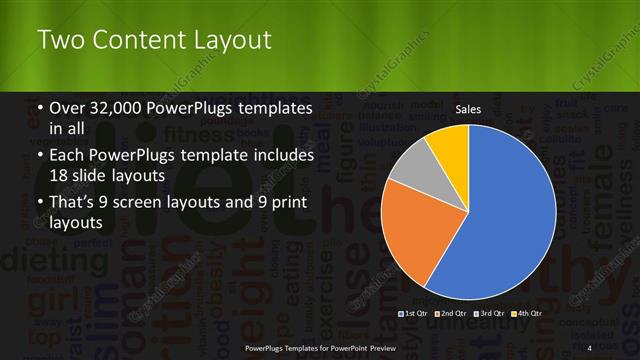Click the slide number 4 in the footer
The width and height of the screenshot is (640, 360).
pyautogui.click(x=589, y=347)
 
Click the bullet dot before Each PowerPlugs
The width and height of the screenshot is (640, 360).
pyautogui.click(x=39, y=157)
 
